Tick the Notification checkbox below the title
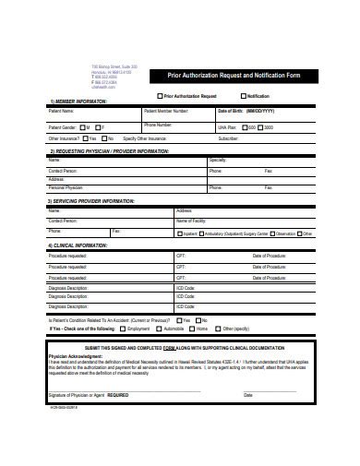244,96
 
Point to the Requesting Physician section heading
109,149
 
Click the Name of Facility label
194,221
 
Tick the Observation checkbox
271,233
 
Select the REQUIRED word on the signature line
119,394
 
